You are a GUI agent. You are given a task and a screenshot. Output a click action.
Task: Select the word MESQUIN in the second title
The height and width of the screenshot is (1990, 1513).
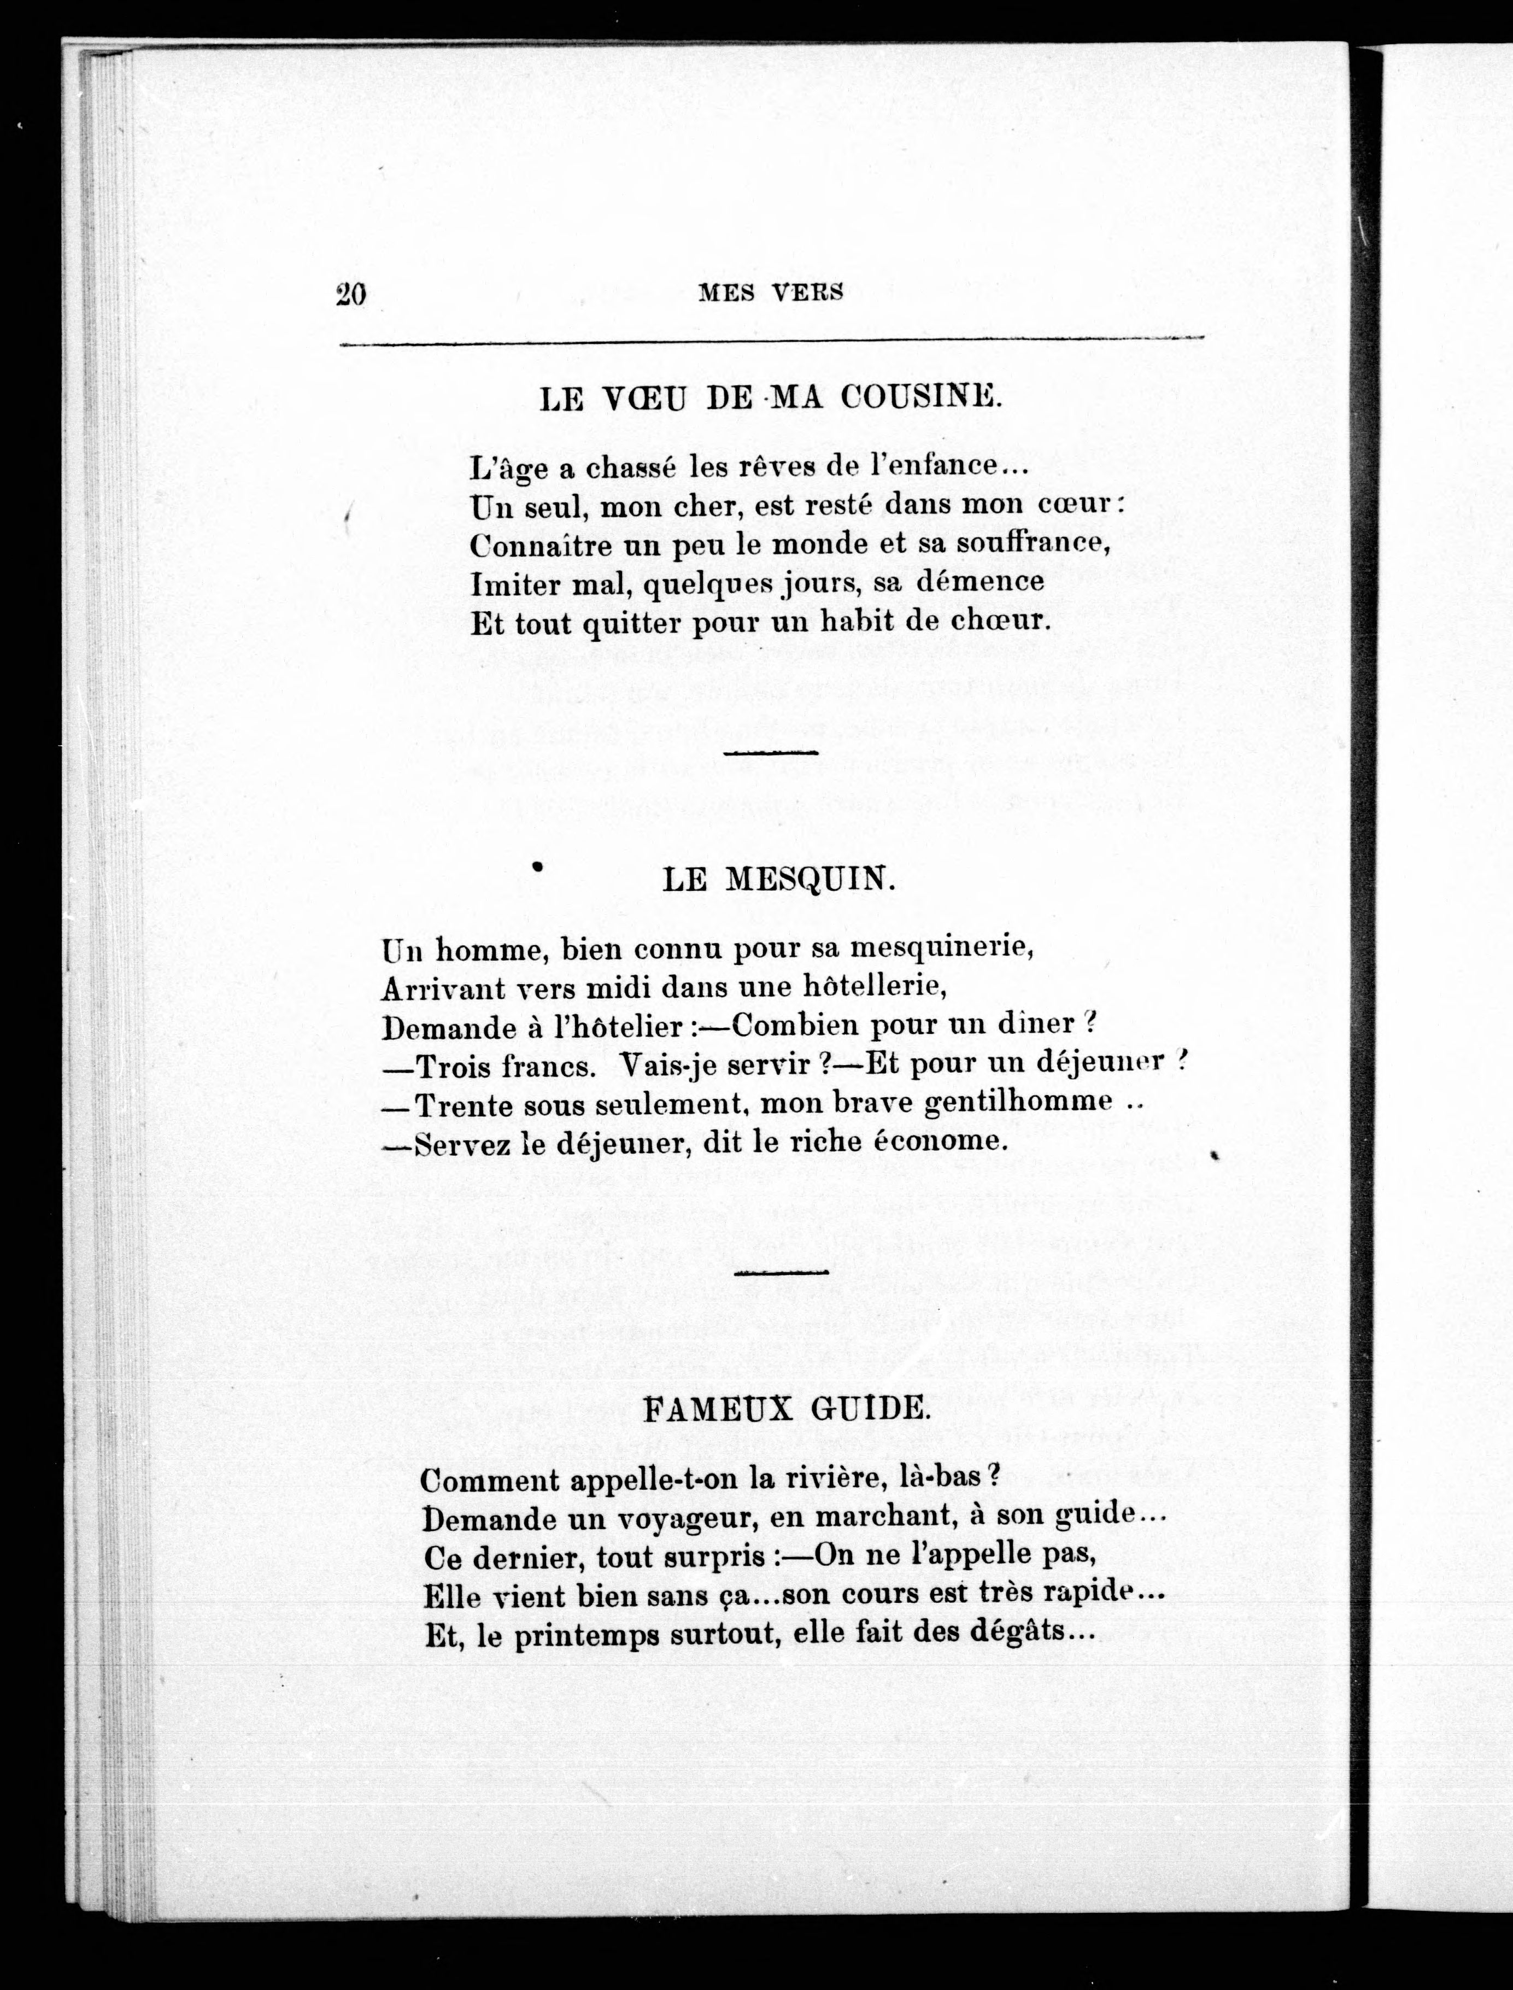tap(811, 879)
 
